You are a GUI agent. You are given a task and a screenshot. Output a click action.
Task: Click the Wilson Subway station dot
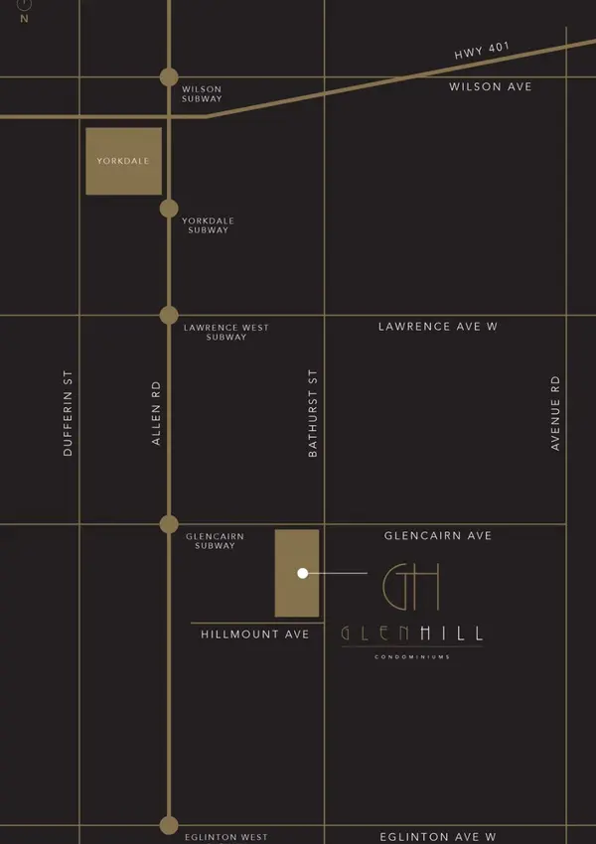(169, 77)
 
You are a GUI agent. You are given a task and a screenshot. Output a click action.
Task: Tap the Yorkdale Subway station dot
(169, 209)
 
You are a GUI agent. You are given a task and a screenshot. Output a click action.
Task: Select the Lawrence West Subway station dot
(169, 316)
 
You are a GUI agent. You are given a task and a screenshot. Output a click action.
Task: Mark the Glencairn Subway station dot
(169, 524)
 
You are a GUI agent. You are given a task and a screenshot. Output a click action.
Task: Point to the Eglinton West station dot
(169, 825)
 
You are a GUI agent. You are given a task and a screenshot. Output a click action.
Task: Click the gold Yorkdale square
(123, 161)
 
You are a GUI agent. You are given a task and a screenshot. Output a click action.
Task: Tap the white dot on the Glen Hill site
(302, 573)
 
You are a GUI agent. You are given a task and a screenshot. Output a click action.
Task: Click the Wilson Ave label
(490, 87)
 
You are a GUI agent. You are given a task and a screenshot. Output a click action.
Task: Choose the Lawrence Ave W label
(437, 327)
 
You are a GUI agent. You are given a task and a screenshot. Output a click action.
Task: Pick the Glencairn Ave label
(438, 536)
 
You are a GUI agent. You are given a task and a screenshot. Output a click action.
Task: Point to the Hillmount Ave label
(254, 634)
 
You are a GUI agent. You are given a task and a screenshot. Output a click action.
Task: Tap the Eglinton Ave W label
(438, 838)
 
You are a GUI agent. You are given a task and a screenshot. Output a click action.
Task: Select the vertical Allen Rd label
(156, 413)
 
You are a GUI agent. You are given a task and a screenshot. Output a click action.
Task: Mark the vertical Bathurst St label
(313, 413)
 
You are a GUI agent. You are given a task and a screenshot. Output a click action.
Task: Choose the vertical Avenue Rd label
(555, 413)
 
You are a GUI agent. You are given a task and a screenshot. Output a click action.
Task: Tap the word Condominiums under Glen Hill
(412, 657)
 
